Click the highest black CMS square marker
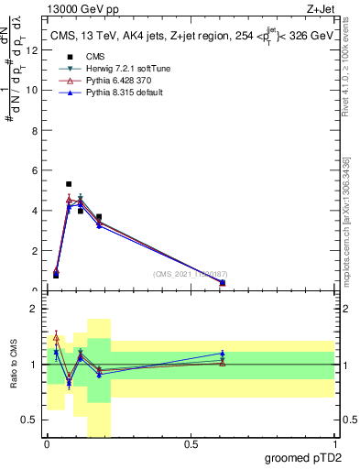coord(69,184)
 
